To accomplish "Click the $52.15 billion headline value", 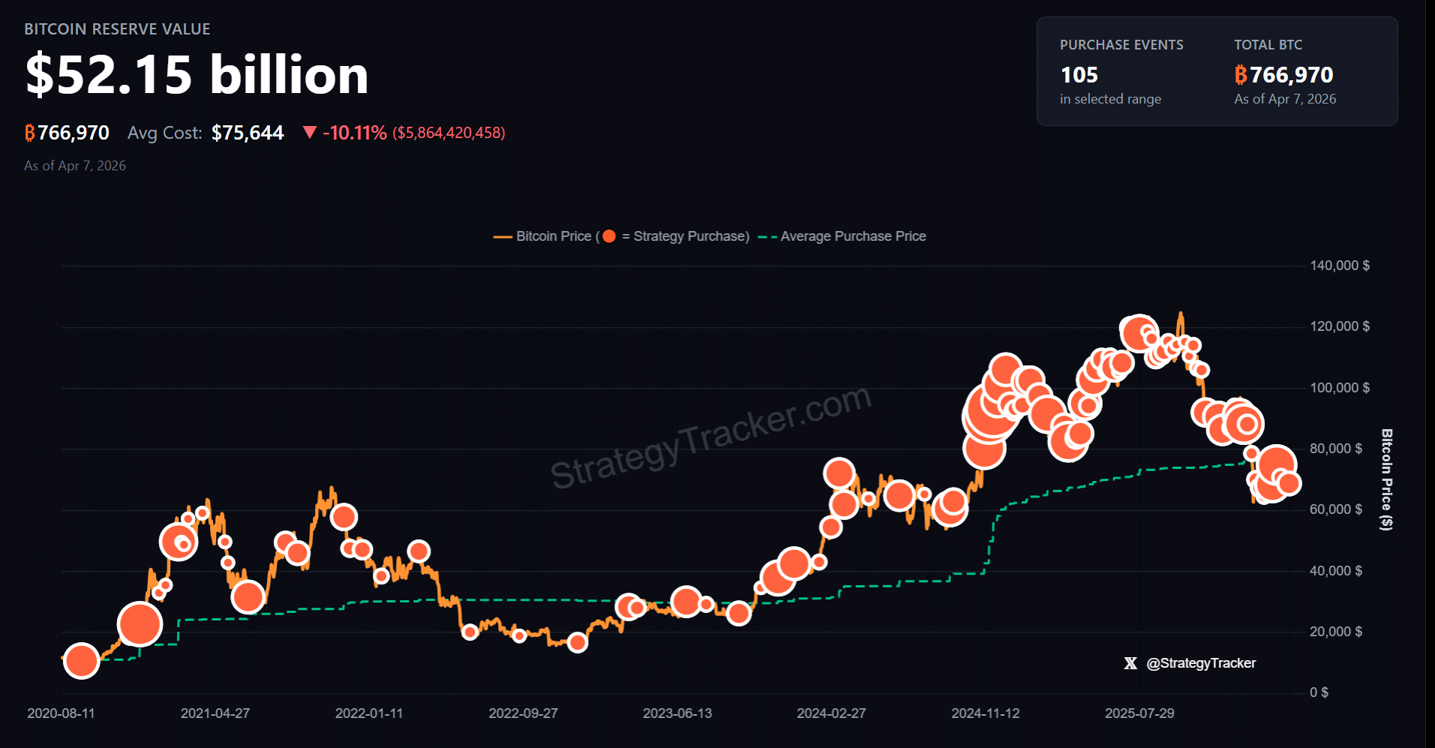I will tap(197, 75).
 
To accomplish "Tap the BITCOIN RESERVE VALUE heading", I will tap(117, 29).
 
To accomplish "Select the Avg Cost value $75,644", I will tap(248, 133).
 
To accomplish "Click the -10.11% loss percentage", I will tap(354, 133).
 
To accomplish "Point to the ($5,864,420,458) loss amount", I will tap(449, 133).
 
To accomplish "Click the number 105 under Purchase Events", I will tap(1079, 75).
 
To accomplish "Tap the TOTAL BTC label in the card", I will tap(1268, 45).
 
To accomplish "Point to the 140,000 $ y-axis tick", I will tap(1339, 266).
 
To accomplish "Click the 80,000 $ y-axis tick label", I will tap(1335, 449).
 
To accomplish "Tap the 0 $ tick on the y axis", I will tap(1319, 692).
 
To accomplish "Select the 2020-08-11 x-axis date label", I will tap(61, 713).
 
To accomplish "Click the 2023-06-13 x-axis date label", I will tap(677, 713).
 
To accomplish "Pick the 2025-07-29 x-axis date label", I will tap(1139, 713).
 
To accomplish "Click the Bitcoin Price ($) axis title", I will tap(1387, 479).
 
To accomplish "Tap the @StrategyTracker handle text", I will tap(1200, 663).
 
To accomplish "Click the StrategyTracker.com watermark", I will tap(710, 437).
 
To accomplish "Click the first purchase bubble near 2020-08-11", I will tap(82, 661).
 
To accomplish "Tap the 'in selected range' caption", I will tap(1110, 99).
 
